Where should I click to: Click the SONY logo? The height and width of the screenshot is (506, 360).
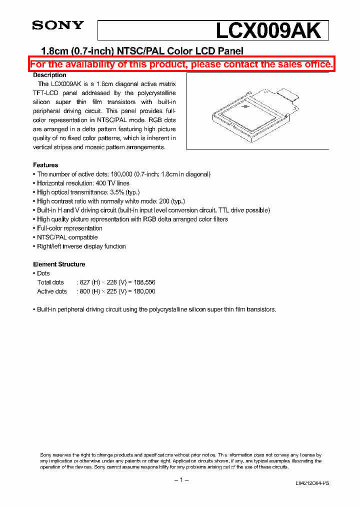coord(58,25)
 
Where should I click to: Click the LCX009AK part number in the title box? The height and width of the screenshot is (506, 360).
coord(268,31)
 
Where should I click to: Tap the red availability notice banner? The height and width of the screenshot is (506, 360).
coord(181,64)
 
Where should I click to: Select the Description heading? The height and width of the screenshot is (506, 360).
coord(49,75)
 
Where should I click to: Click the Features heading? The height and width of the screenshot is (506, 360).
coord(45,165)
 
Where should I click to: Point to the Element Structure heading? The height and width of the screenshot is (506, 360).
coord(59,264)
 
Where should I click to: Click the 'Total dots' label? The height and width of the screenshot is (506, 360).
coord(50,282)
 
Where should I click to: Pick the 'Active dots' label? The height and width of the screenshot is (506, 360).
coord(52,291)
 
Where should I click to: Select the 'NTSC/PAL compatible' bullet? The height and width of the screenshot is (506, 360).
coord(67,237)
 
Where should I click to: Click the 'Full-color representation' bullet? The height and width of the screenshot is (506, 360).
coord(69,228)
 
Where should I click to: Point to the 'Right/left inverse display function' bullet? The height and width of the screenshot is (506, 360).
coord(81,246)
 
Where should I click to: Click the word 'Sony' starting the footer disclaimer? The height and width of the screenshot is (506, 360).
coord(45,454)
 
